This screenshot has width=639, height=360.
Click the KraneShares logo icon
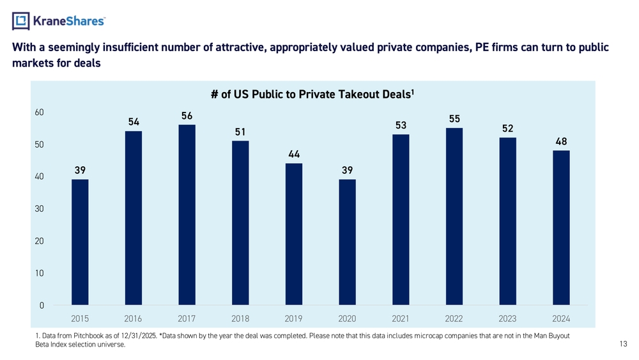(21, 21)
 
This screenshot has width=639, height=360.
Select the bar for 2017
(187, 215)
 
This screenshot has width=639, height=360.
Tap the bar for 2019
(294, 234)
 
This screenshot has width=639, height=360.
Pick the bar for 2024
(561, 228)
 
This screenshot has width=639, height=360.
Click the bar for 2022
(454, 217)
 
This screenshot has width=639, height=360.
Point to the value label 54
(134, 122)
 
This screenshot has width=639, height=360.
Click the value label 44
(294, 154)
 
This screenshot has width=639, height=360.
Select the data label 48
(561, 141)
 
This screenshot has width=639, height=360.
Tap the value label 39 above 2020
(347, 170)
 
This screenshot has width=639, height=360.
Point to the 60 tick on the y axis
(39, 112)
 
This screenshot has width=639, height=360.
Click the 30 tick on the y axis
(39, 208)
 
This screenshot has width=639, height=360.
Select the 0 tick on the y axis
(42, 306)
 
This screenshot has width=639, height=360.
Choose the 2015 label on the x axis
(80, 319)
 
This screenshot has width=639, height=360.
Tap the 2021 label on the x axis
(401, 319)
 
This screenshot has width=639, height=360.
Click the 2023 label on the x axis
(507, 319)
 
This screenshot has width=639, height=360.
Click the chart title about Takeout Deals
(312, 95)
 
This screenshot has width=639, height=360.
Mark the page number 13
(624, 344)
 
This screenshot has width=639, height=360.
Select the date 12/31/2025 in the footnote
(139, 336)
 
